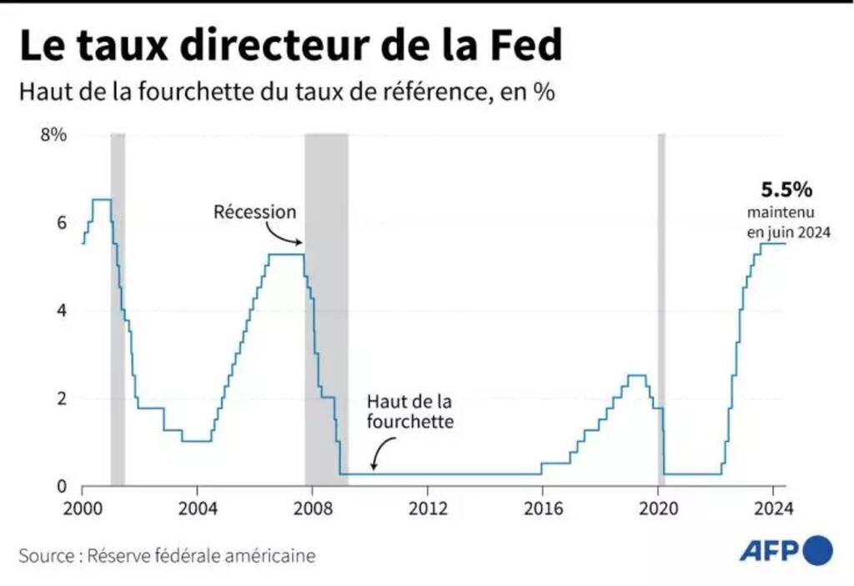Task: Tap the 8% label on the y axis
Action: (x=53, y=135)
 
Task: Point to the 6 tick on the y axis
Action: (x=60, y=223)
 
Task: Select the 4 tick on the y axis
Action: (x=60, y=310)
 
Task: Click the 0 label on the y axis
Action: (x=60, y=486)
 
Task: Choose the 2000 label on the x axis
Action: (x=82, y=507)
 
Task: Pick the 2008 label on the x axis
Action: (x=311, y=507)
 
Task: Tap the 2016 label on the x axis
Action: (x=541, y=507)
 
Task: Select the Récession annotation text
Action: (x=254, y=212)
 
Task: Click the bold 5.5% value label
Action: (x=781, y=189)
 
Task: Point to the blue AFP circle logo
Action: (x=818, y=549)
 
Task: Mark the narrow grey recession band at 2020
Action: (x=661, y=308)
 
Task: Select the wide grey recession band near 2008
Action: (x=326, y=308)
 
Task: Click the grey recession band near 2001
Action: (x=118, y=308)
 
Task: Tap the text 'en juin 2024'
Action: (x=789, y=234)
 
